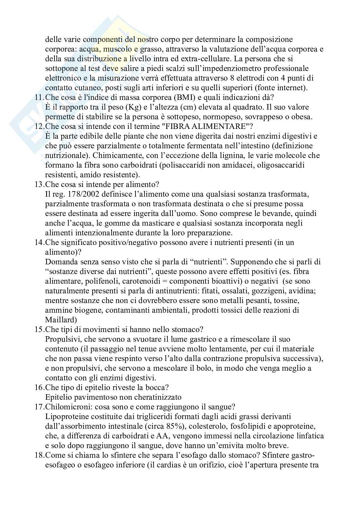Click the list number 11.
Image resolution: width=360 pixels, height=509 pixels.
point(39,98)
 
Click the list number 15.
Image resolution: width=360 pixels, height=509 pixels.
point(39,330)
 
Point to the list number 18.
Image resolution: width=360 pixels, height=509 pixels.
point(39,455)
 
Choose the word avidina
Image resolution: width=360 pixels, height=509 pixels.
point(303,291)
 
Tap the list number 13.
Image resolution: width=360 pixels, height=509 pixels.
point(39,185)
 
